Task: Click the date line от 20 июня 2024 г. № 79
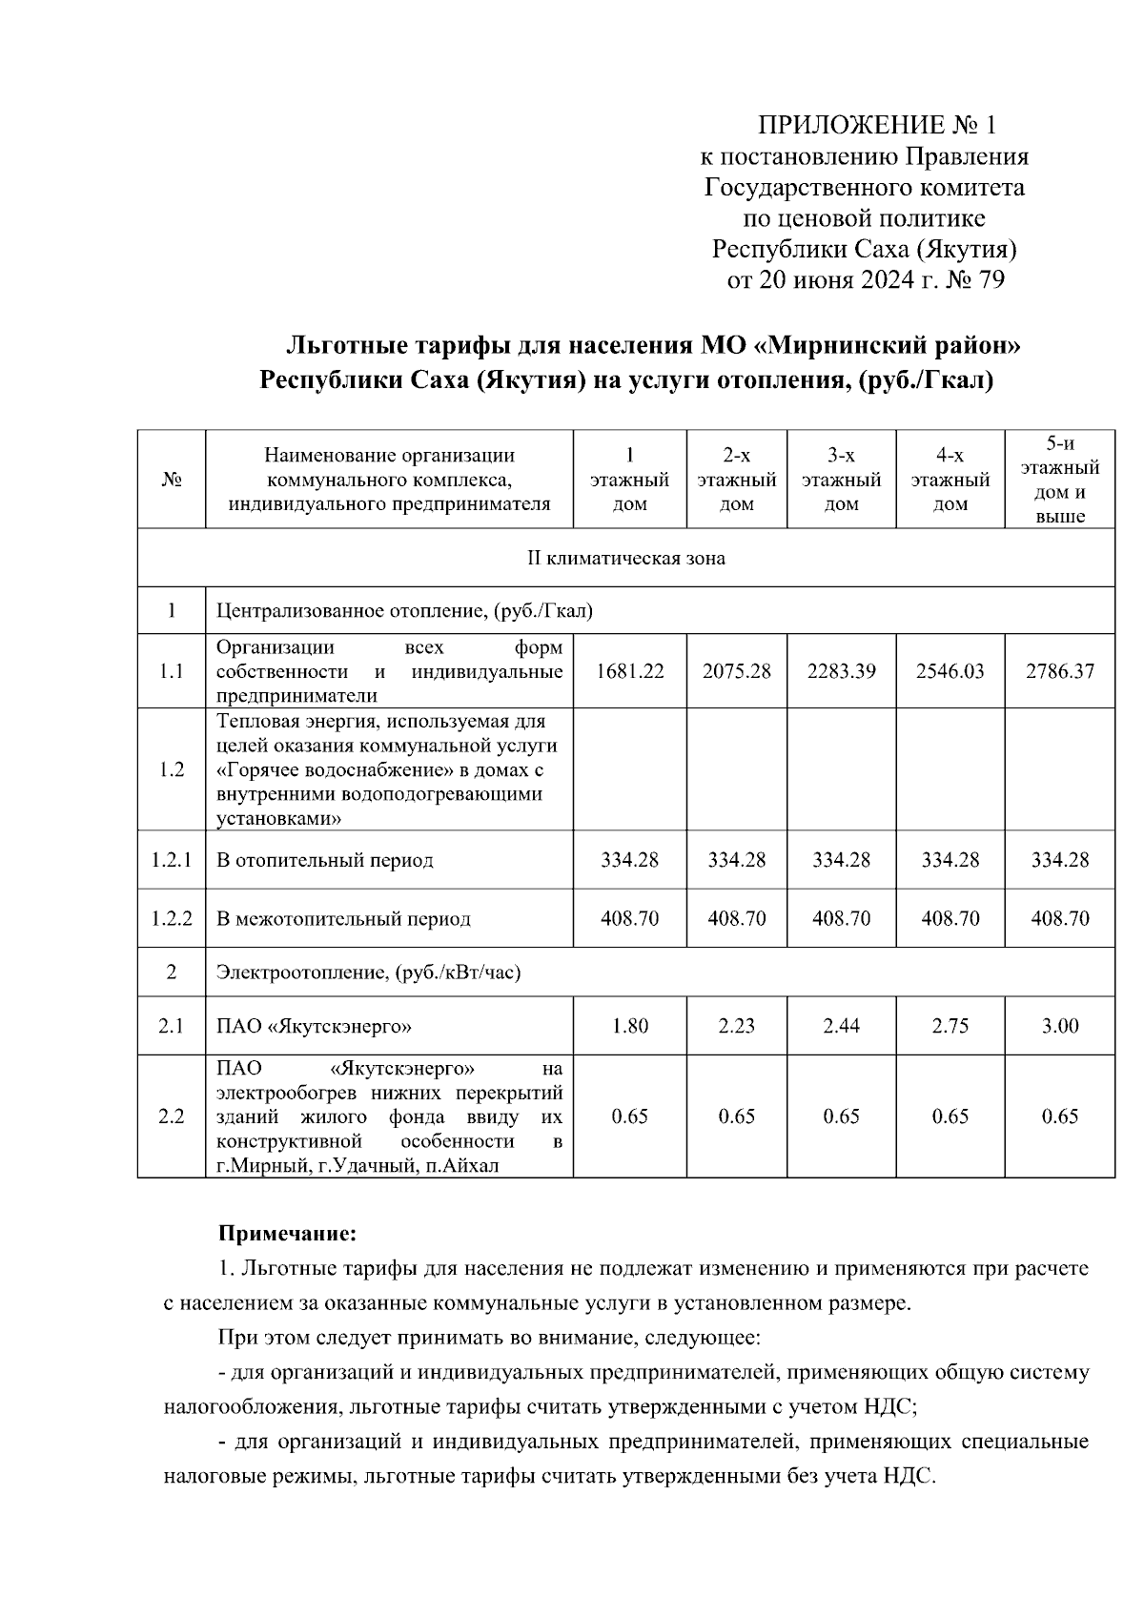pyautogui.click(x=866, y=280)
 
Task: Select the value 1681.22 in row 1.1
pyautogui.click(x=629, y=671)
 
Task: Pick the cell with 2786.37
pyautogui.click(x=1059, y=671)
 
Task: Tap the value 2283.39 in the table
pyautogui.click(x=841, y=671)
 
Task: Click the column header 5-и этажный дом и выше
pyautogui.click(x=1059, y=480)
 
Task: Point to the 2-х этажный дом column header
pyautogui.click(x=736, y=480)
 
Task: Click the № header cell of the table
pyautogui.click(x=172, y=481)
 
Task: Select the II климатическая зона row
pyautogui.click(x=625, y=558)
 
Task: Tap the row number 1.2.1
pyautogui.click(x=172, y=860)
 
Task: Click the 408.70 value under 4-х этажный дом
pyautogui.click(x=950, y=919)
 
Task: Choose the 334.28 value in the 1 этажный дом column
pyautogui.click(x=629, y=860)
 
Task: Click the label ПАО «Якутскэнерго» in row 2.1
pyautogui.click(x=314, y=1027)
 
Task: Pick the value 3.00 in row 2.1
pyautogui.click(x=1059, y=1027)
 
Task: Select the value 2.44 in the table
pyautogui.click(x=841, y=1027)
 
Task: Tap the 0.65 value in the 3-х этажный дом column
pyautogui.click(x=841, y=1116)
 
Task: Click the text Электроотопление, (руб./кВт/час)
pyautogui.click(x=368, y=973)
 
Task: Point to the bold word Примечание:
pyautogui.click(x=287, y=1235)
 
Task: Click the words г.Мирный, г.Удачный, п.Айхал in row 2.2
pyautogui.click(x=357, y=1166)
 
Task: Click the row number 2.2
pyautogui.click(x=172, y=1116)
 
